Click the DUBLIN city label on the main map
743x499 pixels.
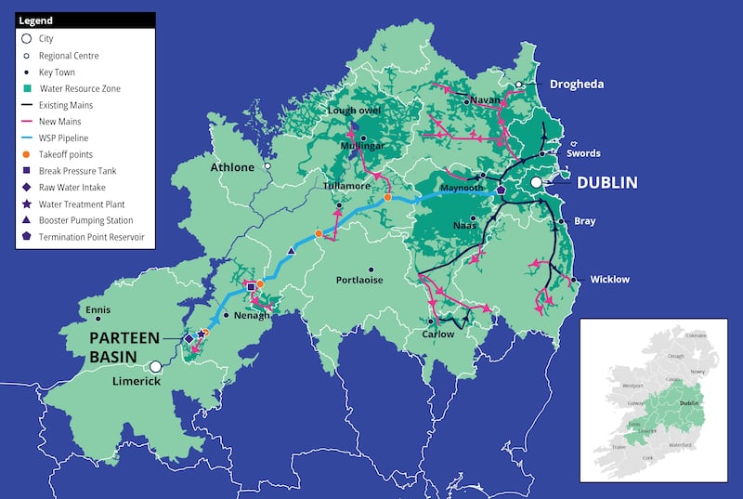606,183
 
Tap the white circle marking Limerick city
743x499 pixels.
157,367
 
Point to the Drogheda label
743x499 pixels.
576,84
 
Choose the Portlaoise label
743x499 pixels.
358,280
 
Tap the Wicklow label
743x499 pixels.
609,279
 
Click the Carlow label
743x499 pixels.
438,334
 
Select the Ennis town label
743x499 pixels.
98,309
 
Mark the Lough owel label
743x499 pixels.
355,111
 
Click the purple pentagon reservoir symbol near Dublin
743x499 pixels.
502,190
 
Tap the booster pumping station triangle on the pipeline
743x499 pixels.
292,251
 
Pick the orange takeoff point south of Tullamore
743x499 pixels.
319,233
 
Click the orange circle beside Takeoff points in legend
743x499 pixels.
27,153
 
